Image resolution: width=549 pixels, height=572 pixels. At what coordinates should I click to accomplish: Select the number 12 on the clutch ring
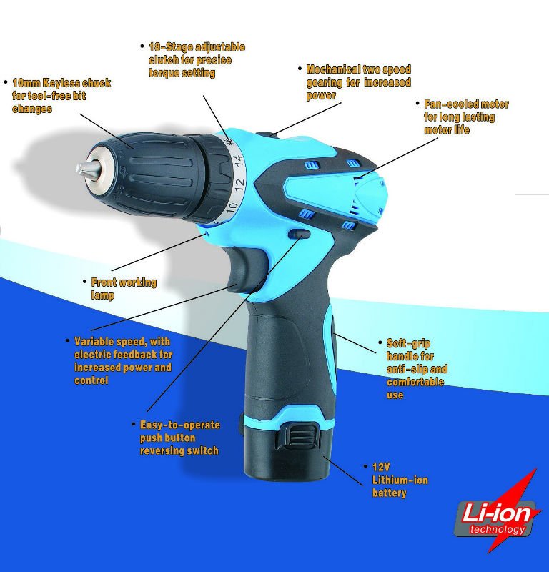239,185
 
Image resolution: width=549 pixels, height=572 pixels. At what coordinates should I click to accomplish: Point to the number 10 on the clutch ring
232,207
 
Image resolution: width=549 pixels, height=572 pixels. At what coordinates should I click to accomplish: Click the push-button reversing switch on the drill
300,235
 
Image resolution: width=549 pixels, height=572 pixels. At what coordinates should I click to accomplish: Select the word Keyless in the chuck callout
61,83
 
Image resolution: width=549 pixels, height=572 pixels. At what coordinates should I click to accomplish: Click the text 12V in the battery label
381,467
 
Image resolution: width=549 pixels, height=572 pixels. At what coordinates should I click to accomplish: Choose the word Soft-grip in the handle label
409,344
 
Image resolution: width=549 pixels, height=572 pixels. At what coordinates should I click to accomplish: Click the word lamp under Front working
102,295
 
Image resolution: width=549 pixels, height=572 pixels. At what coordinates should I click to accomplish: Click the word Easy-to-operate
180,425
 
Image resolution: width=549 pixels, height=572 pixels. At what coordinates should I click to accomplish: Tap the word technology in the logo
498,529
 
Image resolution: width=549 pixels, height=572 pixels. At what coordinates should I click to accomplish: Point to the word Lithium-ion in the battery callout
400,480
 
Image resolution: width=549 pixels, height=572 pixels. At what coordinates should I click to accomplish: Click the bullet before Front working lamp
84,281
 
